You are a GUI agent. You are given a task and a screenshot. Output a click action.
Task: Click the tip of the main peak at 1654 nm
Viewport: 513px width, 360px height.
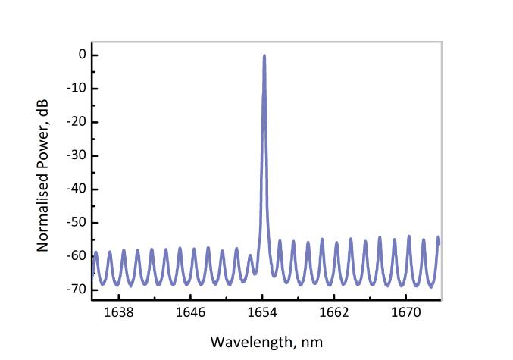point(264,55)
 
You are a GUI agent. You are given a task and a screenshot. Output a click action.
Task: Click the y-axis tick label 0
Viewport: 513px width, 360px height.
point(73,55)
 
